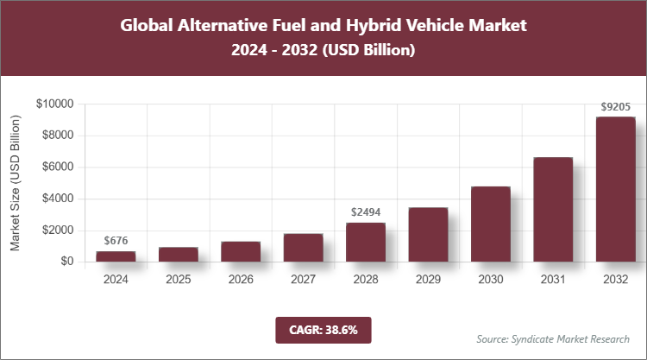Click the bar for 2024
[x=116, y=256]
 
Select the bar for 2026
[x=241, y=251]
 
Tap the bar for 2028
[x=366, y=242]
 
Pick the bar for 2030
[x=491, y=224]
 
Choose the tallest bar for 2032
[x=616, y=189]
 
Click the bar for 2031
[x=553, y=209]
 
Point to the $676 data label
[x=116, y=240]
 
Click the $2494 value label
[x=366, y=212]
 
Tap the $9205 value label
[x=616, y=107]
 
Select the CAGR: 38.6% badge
[x=323, y=329]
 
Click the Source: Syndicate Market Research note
[x=552, y=338]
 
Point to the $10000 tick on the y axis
[x=55, y=104]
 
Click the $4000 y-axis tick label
[x=58, y=199]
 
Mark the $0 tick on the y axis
[x=66, y=262]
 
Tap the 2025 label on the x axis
[x=178, y=280]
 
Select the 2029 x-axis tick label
[x=428, y=280]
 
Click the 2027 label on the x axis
[x=303, y=280]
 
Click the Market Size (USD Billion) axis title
[x=15, y=183]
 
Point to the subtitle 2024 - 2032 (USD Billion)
[x=323, y=51]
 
